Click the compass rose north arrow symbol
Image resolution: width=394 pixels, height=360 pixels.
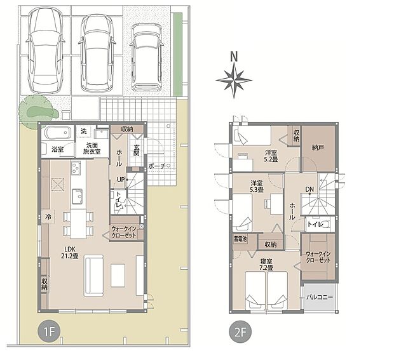(x=234, y=81)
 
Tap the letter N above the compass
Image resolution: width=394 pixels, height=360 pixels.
(x=234, y=57)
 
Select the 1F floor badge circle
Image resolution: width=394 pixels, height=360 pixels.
(x=49, y=333)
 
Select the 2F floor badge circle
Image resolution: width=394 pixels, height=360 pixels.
(x=240, y=333)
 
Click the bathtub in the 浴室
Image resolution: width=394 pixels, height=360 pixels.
(x=57, y=133)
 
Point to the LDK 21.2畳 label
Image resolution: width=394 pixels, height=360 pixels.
(x=70, y=253)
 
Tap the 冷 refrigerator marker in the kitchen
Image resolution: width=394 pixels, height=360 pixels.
(x=48, y=216)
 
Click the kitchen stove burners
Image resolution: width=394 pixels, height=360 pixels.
(x=76, y=168)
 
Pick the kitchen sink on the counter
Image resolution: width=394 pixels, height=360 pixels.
(x=77, y=197)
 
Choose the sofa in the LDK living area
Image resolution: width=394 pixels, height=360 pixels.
(x=93, y=276)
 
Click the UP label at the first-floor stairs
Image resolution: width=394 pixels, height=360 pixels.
(x=121, y=180)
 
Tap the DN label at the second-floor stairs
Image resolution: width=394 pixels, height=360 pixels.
(x=309, y=189)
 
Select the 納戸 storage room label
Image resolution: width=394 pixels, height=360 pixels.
(x=318, y=147)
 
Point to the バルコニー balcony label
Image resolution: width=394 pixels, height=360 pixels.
(x=320, y=297)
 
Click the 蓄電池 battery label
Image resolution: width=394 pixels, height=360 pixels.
(x=240, y=239)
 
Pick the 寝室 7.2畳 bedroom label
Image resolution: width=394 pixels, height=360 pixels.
(x=266, y=264)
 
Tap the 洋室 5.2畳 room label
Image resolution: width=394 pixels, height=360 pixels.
(x=271, y=156)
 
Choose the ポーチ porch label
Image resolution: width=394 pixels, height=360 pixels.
(x=156, y=166)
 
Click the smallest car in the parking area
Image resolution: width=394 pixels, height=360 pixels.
(x=147, y=57)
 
